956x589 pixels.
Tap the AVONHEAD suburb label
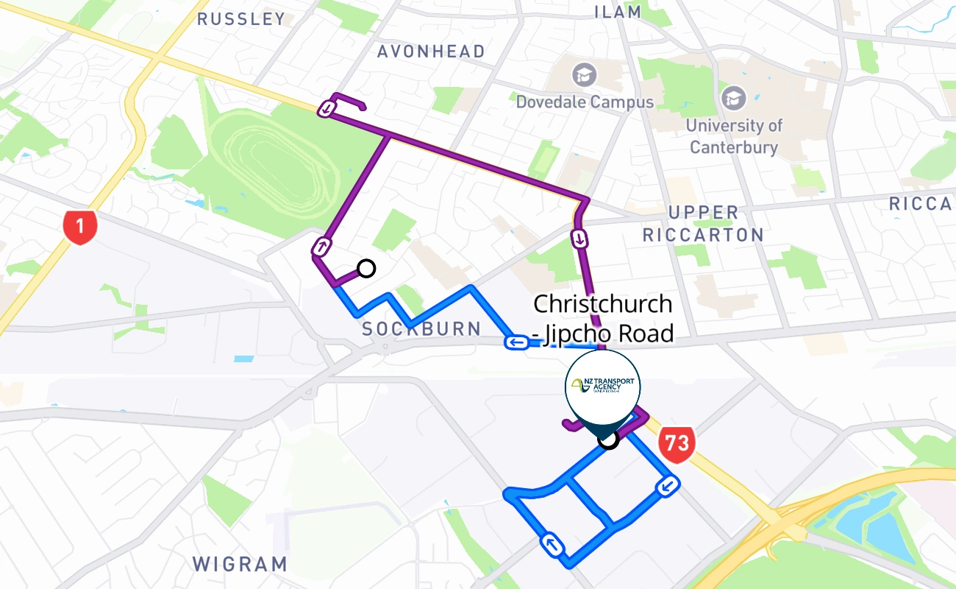[431, 52]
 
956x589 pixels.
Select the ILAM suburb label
[618, 12]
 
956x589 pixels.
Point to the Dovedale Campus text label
[585, 102]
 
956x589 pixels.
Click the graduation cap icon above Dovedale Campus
[585, 74]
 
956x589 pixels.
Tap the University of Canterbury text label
[734, 136]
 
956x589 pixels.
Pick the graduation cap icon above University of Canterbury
[733, 98]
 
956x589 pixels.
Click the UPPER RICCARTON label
[702, 224]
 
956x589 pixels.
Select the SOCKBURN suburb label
[421, 329]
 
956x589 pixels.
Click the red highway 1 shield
[80, 227]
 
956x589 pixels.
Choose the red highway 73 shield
[677, 443]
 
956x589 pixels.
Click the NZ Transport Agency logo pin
[603, 387]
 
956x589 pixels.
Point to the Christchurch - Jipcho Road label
[603, 318]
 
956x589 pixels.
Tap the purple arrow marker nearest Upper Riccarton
[580, 239]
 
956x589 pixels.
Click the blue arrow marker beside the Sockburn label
[516, 342]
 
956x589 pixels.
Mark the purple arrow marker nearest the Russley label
[327, 110]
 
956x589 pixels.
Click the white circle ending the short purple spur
[365, 269]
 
